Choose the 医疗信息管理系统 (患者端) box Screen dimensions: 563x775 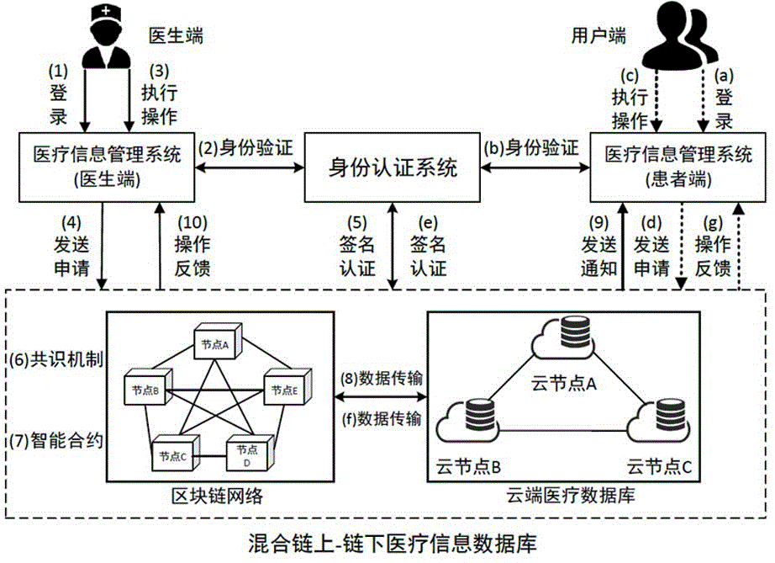point(667,166)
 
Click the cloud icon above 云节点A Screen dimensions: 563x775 point(561,339)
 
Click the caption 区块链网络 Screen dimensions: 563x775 point(208,496)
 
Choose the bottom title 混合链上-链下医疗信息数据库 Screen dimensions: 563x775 point(387,539)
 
